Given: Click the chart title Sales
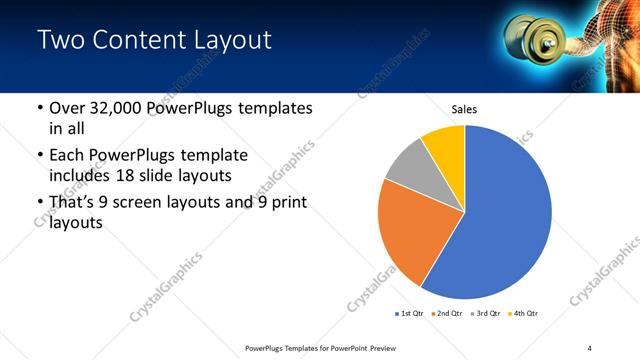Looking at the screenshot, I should click(x=464, y=109).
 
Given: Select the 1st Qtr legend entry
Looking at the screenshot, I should click(x=410, y=314).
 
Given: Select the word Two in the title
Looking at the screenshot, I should click(x=60, y=41).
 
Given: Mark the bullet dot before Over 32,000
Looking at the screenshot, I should click(x=38, y=109).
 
